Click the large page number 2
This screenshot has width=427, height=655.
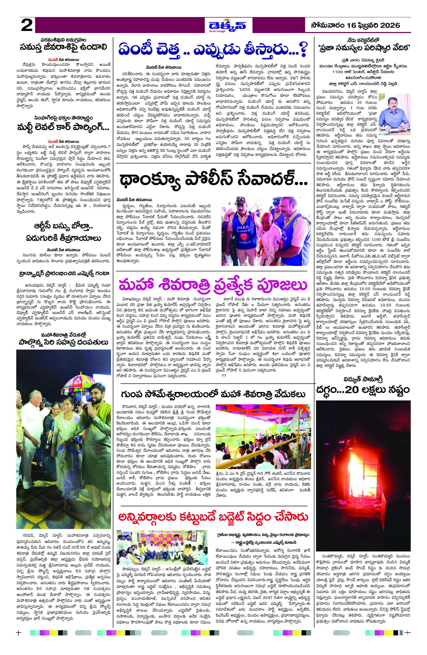click(x=27, y=26)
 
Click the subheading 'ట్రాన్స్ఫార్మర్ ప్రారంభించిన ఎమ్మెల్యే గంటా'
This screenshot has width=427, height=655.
click(x=64, y=274)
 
